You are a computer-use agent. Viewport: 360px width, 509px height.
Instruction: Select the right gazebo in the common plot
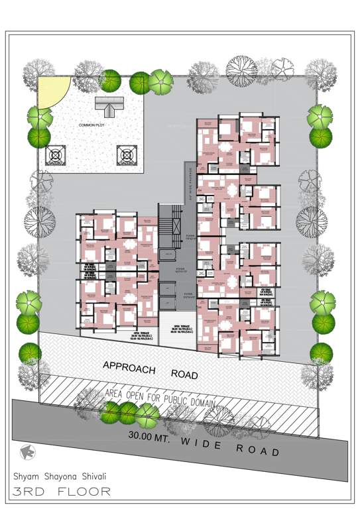(126, 155)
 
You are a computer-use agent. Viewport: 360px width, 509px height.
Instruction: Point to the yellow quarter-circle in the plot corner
(50, 91)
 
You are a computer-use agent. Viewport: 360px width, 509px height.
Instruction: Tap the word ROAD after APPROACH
(184, 374)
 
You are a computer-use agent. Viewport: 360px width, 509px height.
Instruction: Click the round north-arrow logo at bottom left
(27, 451)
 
